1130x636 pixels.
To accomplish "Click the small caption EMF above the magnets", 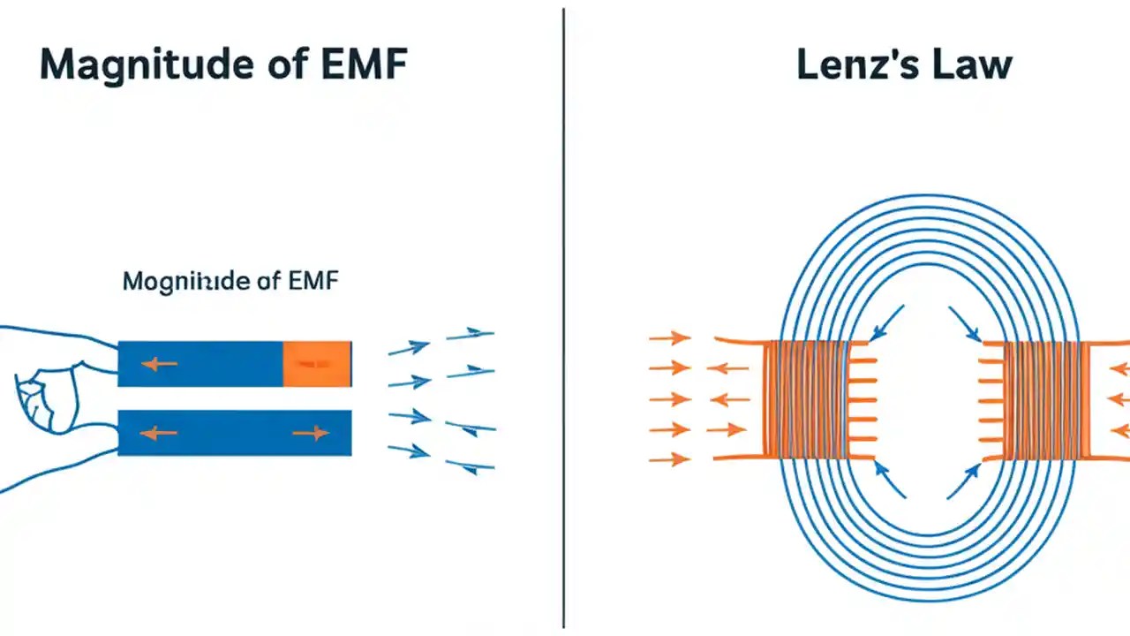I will pyautogui.click(x=313, y=282).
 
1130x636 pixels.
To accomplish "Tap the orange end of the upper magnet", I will pyautogui.click(x=317, y=363).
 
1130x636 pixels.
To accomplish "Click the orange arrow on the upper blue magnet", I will pyautogui.click(x=160, y=363).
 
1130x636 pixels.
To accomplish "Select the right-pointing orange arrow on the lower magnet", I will pyautogui.click(x=310, y=433).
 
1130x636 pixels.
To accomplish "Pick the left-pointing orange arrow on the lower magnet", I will pyautogui.click(x=159, y=433).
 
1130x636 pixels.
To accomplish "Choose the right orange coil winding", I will pyautogui.click(x=1042, y=398).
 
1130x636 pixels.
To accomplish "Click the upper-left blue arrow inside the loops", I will pyautogui.click(x=886, y=322).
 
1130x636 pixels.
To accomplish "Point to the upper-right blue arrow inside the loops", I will pyautogui.click(x=964, y=323).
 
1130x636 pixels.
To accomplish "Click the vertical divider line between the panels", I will pyautogui.click(x=563, y=318).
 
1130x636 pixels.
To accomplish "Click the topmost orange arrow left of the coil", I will pyautogui.click(x=669, y=337).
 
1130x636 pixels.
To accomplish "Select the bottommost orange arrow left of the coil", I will pyautogui.click(x=669, y=458).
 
